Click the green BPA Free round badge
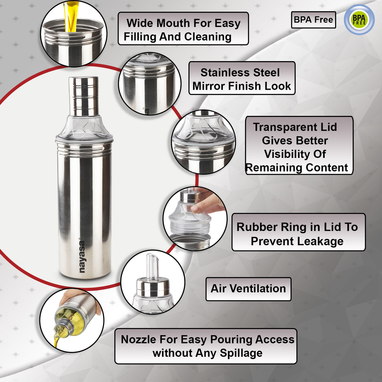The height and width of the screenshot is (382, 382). click(359, 20)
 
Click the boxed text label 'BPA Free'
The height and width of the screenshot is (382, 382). click(314, 20)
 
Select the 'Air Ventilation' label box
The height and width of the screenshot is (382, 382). click(248, 289)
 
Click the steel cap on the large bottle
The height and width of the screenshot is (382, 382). click(83, 96)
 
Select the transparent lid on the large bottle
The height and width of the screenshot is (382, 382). click(84, 127)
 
